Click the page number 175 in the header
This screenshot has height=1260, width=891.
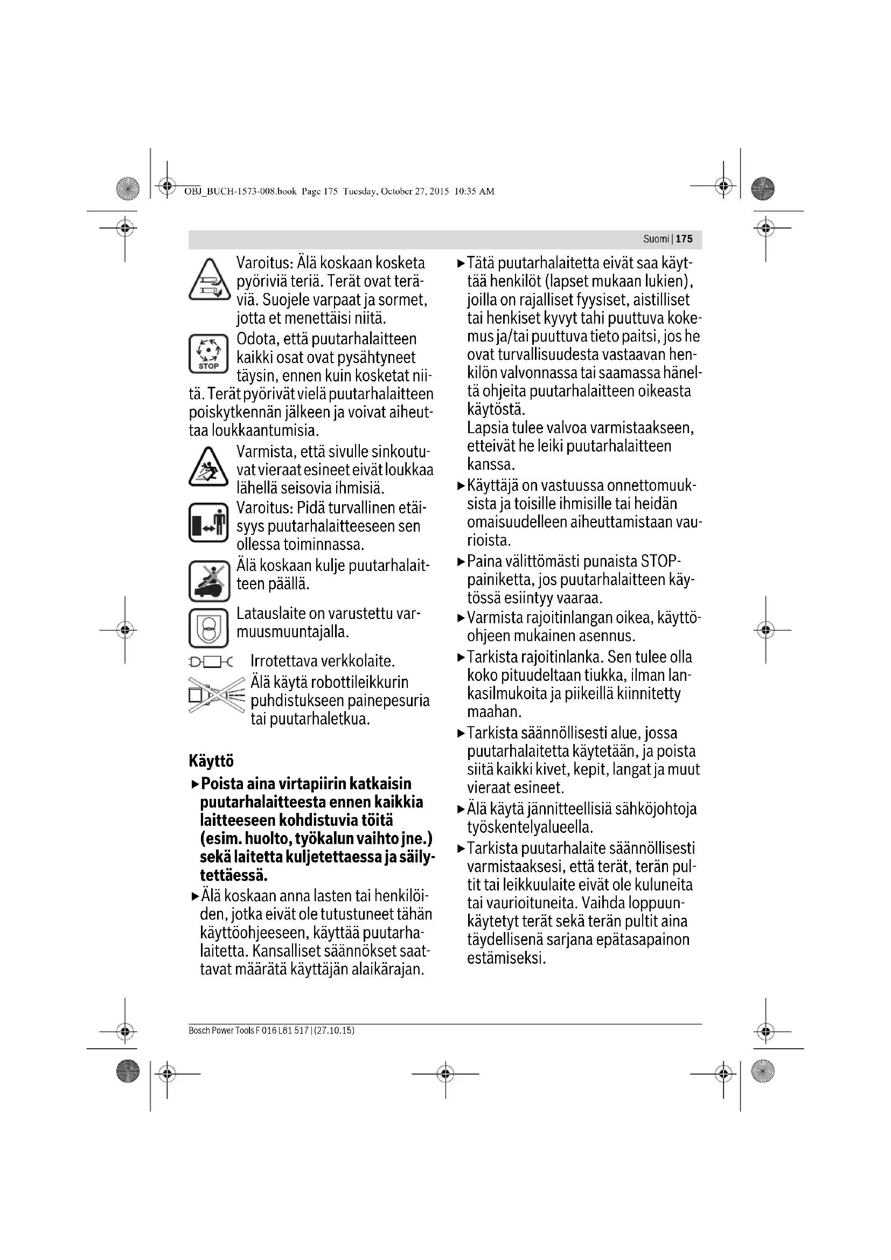(x=684, y=239)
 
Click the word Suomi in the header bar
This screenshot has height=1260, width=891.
(x=656, y=239)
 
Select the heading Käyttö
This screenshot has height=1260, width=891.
(x=211, y=761)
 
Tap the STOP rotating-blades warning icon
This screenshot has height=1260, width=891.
(x=208, y=354)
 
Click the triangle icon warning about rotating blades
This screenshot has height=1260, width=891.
(x=208, y=281)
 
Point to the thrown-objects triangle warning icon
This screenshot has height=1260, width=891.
(x=208, y=468)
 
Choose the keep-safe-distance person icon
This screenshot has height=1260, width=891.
(x=208, y=523)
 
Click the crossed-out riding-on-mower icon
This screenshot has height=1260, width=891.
(x=208, y=581)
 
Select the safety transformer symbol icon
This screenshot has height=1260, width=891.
(x=208, y=628)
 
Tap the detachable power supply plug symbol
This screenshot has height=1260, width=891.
(x=211, y=663)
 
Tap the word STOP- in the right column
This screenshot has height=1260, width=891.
(x=661, y=562)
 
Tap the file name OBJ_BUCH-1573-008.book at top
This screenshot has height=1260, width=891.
(x=240, y=192)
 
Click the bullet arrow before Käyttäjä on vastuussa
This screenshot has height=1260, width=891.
(x=461, y=486)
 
